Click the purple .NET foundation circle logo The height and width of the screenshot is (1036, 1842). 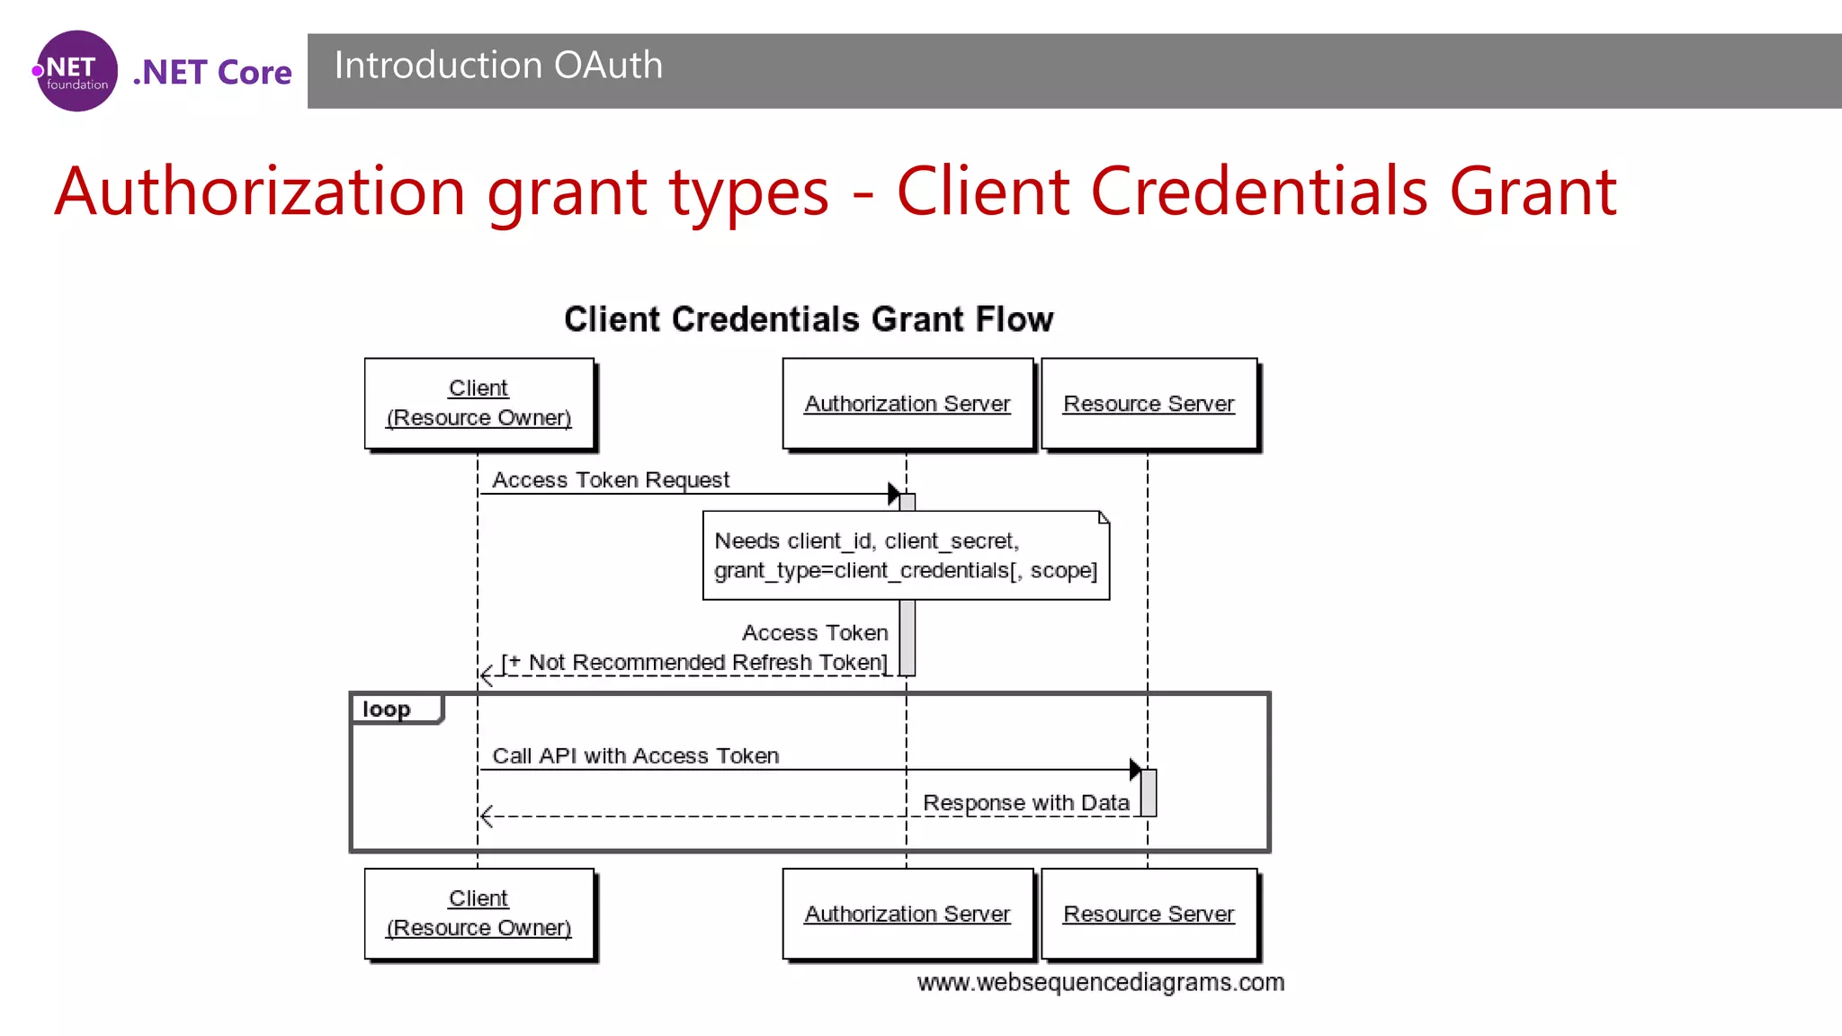pyautogui.click(x=76, y=71)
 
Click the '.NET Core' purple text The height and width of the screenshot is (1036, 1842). pyautogui.click(x=212, y=72)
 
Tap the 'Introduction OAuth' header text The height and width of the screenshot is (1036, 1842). pyautogui.click(x=498, y=66)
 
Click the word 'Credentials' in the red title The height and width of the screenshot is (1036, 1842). pyautogui.click(x=1259, y=192)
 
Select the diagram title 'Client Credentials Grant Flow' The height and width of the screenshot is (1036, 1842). pyautogui.click(x=809, y=319)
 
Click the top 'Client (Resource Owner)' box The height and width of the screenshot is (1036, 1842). pyautogui.click(x=478, y=403)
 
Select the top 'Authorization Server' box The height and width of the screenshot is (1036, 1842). pyautogui.click(x=908, y=404)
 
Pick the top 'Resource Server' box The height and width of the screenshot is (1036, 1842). pyautogui.click(x=1149, y=404)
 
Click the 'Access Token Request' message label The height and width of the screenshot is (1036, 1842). pyautogui.click(x=611, y=480)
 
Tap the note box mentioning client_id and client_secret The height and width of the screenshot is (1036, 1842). pyautogui.click(x=906, y=556)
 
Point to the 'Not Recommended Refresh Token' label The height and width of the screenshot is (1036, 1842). pyautogui.click(x=694, y=663)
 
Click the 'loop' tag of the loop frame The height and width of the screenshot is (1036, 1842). pyautogui.click(x=388, y=710)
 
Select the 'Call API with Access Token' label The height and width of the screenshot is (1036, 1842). pyautogui.click(x=635, y=756)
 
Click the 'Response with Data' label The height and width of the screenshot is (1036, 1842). pyautogui.click(x=1026, y=803)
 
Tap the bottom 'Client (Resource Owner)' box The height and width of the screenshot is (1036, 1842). pyautogui.click(x=478, y=913)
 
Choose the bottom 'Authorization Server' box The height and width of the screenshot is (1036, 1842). pyautogui.click(x=908, y=914)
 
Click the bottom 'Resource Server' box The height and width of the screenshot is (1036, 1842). pyautogui.click(x=1149, y=914)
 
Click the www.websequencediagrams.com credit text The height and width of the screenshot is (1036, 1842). pyautogui.click(x=1101, y=983)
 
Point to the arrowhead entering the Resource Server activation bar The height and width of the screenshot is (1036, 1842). pyautogui.click(x=1135, y=770)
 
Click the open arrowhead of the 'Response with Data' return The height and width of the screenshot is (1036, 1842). pyautogui.click(x=487, y=817)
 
